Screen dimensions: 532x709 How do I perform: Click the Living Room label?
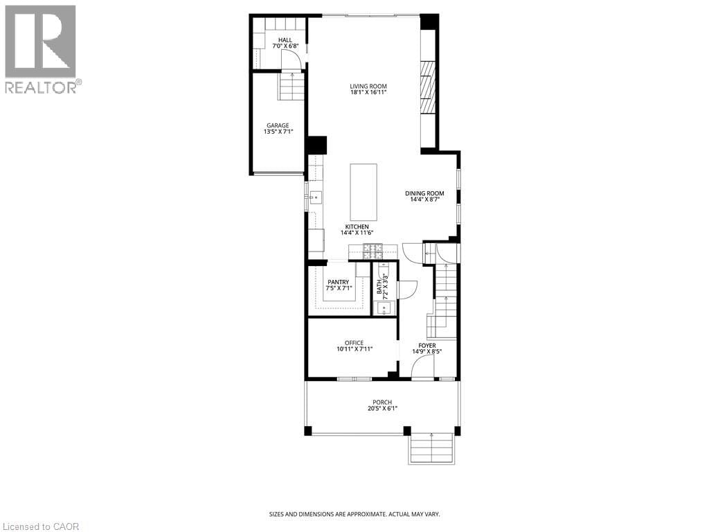pyautogui.click(x=368, y=87)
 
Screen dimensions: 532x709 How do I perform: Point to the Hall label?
pyautogui.click(x=285, y=41)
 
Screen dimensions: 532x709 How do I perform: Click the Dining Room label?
pyautogui.click(x=424, y=193)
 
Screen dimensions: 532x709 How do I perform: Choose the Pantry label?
pyautogui.click(x=339, y=282)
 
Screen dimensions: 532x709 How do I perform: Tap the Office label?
pyautogui.click(x=354, y=343)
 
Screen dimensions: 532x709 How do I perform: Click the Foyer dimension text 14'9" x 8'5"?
pyautogui.click(x=427, y=351)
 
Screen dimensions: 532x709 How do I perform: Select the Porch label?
pyautogui.click(x=382, y=402)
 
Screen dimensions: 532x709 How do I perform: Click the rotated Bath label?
pyautogui.click(x=379, y=285)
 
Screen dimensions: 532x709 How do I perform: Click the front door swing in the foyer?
pyautogui.click(x=422, y=369)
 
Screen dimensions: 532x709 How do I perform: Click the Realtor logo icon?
pyautogui.click(x=40, y=42)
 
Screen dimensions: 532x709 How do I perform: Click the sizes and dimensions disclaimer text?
pyautogui.click(x=354, y=514)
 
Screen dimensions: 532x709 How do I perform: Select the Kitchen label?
pyautogui.click(x=357, y=227)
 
